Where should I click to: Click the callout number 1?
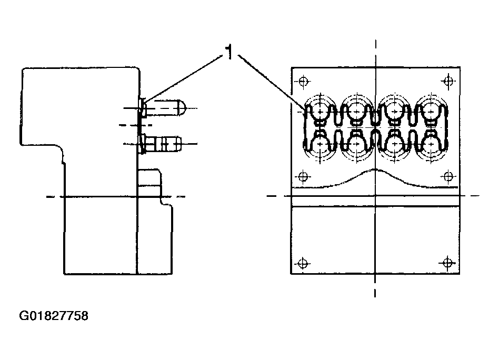click(x=229, y=52)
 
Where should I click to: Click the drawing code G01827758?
click(x=54, y=316)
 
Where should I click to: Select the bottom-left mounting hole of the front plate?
click(x=302, y=263)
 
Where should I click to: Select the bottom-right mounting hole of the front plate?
click(x=448, y=263)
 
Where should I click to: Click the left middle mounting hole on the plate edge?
click(x=302, y=176)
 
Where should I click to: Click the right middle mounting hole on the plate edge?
click(x=448, y=176)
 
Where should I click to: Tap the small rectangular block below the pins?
click(x=149, y=181)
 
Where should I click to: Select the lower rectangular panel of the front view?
click(x=375, y=239)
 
